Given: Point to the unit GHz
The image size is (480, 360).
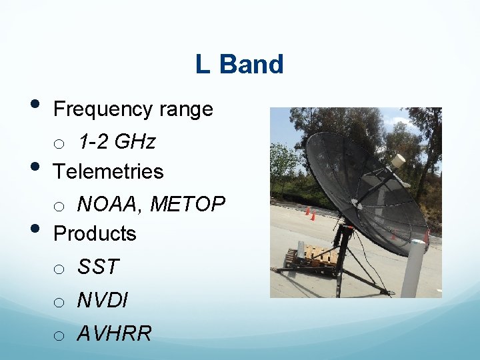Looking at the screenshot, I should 135,142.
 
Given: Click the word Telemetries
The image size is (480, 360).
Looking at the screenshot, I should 108,171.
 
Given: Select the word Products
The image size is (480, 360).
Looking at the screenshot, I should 95,233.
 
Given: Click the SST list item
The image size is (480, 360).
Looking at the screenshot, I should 97,267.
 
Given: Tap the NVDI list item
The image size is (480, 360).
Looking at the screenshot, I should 102,300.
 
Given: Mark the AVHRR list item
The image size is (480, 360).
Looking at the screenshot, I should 114,333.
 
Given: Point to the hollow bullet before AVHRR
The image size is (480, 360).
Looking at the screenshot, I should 59,335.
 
